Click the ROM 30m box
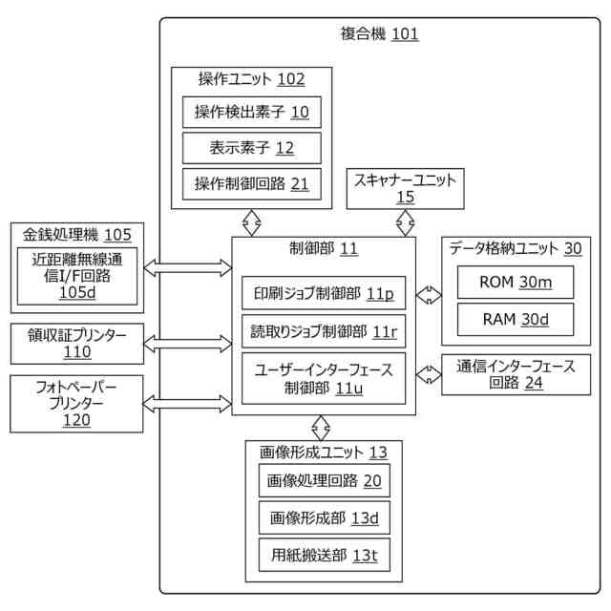click(x=516, y=283)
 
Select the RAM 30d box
click(x=516, y=319)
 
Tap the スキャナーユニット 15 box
click(x=405, y=189)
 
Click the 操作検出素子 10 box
click(x=252, y=113)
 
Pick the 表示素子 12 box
click(x=252, y=148)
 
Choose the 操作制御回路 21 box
click(x=252, y=184)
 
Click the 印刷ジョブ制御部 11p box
click(x=324, y=293)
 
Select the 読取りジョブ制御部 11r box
click(x=324, y=331)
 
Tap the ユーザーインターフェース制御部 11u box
click(x=324, y=378)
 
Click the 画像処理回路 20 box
click(x=325, y=480)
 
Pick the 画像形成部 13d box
click(x=325, y=517)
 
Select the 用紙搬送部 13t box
click(x=325, y=556)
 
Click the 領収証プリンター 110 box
click(x=77, y=344)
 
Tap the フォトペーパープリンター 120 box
click(x=76, y=404)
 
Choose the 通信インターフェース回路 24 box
click(x=516, y=375)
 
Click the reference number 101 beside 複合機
click(x=405, y=34)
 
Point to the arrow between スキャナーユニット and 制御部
click(x=405, y=223)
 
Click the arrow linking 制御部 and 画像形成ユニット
click(x=321, y=428)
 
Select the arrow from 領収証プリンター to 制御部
click(x=188, y=344)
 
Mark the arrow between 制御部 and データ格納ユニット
click(x=429, y=295)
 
